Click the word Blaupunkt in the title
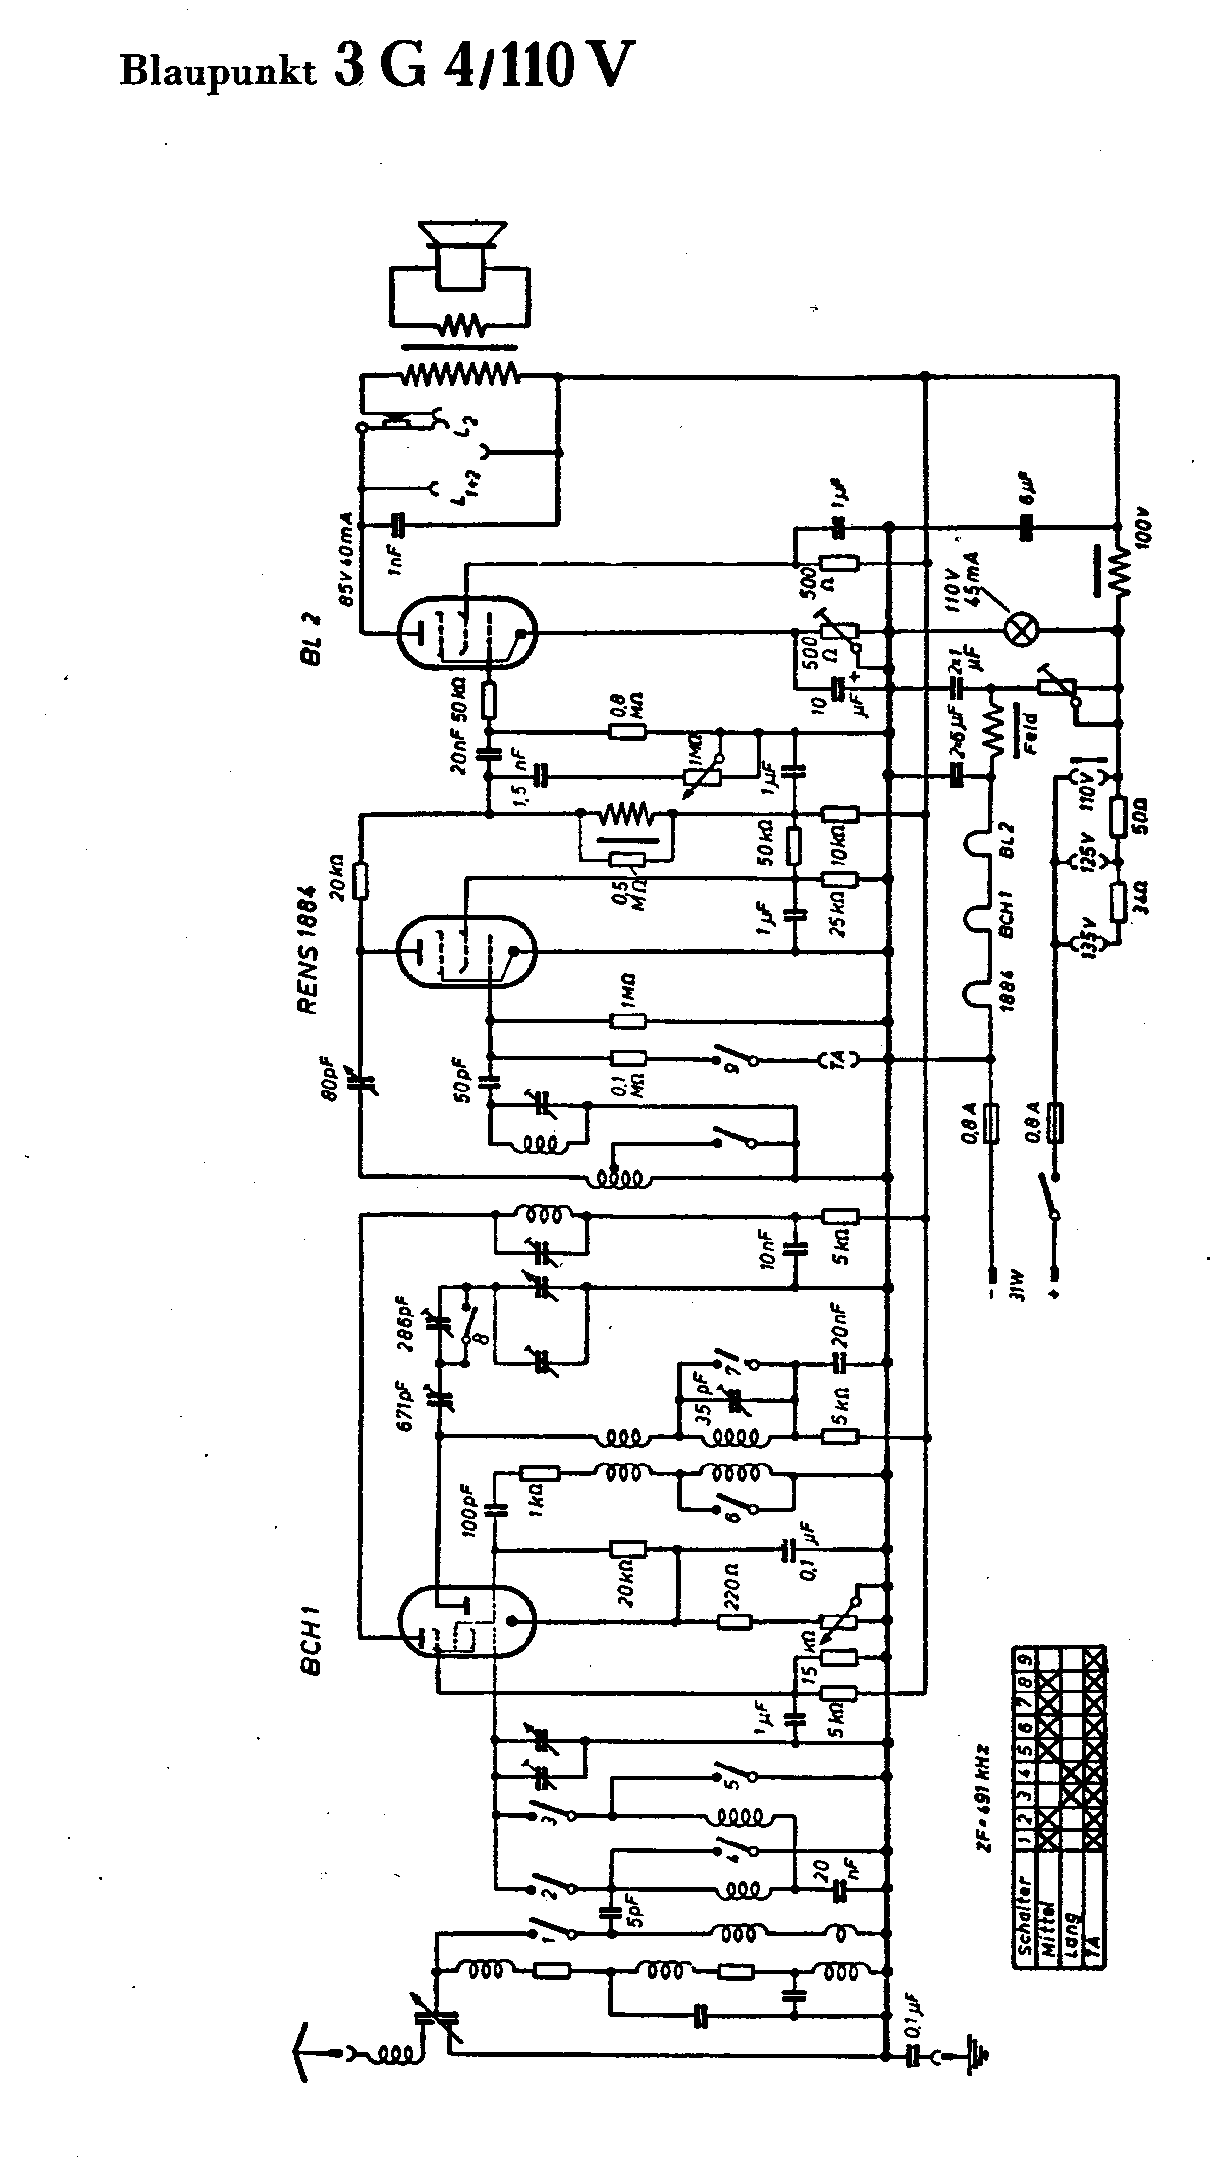point(219,71)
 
